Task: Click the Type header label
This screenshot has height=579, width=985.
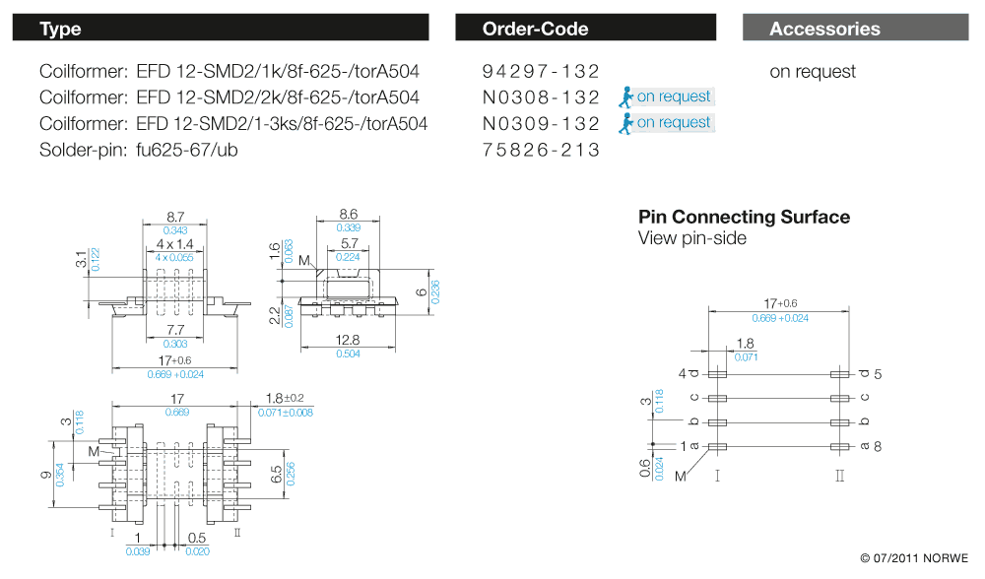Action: coord(60,29)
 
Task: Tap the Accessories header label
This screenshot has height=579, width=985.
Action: coord(824,29)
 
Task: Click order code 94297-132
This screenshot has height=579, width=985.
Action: coord(541,71)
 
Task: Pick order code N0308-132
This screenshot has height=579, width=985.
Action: coord(541,96)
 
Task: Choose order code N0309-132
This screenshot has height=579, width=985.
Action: coord(541,123)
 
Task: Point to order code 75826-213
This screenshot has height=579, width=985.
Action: coord(541,150)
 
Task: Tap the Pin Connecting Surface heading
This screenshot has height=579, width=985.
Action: coord(744,217)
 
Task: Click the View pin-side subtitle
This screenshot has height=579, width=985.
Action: coord(692,238)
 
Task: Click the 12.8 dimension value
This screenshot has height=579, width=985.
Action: coord(346,340)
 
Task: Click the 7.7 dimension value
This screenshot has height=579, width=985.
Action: coord(176,330)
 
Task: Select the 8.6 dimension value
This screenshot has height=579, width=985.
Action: coord(348,214)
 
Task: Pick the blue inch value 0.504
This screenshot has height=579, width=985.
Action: coord(346,354)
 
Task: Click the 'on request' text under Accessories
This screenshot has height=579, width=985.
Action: coord(813,71)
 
